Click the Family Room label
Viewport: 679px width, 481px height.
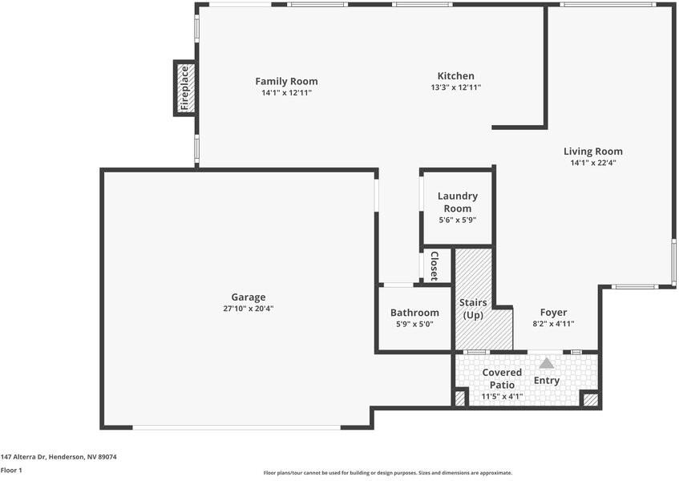click(x=286, y=81)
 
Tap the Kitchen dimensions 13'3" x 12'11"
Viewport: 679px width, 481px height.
click(x=455, y=87)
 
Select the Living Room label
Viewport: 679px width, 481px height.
click(x=592, y=151)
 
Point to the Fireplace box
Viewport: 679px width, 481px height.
click(x=185, y=88)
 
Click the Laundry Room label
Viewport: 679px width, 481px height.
click(x=457, y=202)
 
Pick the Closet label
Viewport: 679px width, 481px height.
click(x=434, y=266)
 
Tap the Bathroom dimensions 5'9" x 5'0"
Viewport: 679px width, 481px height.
click(x=414, y=324)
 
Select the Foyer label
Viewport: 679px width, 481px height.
click(x=553, y=312)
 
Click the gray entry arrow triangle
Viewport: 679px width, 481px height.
click(x=547, y=363)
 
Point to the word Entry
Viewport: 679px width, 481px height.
click(x=547, y=380)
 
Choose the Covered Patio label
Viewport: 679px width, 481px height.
click(x=502, y=378)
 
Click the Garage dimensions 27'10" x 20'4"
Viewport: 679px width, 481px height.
click(x=249, y=309)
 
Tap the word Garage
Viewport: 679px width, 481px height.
click(x=249, y=297)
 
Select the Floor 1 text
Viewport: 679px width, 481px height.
click(x=11, y=470)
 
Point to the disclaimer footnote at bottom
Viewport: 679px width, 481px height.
click(x=387, y=473)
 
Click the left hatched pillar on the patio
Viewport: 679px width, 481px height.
click(x=460, y=398)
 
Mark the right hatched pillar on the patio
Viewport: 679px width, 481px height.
click(x=590, y=398)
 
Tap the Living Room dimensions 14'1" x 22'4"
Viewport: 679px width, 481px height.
click(x=592, y=163)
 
